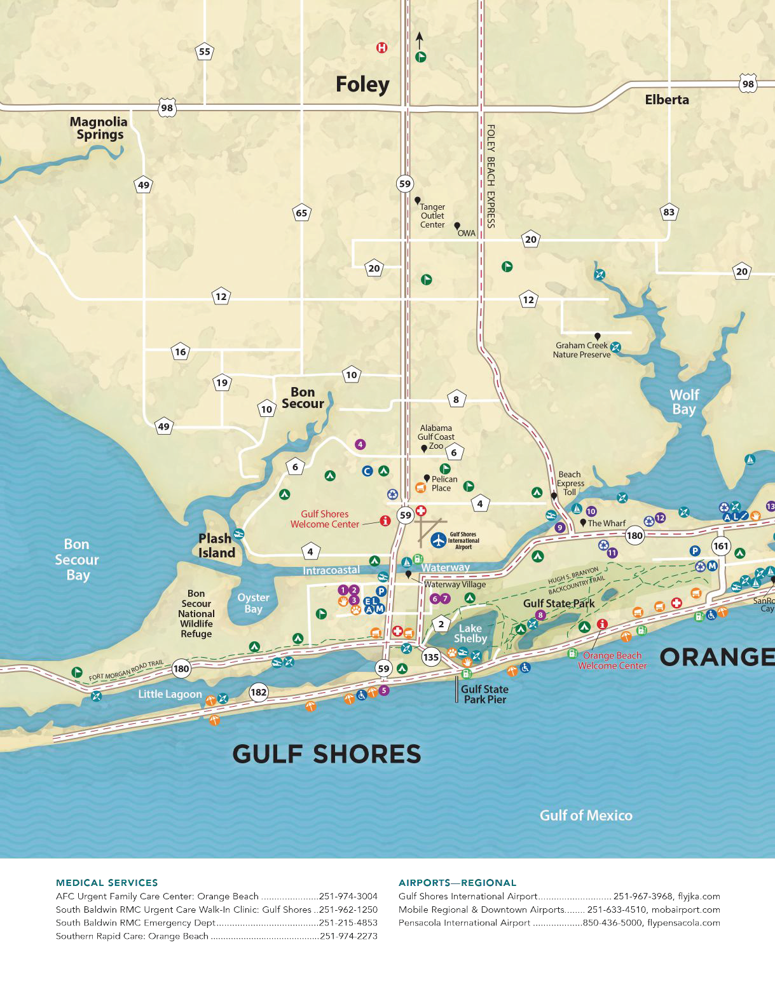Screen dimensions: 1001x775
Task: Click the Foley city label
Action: (362, 85)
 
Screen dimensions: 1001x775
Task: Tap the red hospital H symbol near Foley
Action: (381, 48)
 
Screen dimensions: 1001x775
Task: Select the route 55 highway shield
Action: (204, 52)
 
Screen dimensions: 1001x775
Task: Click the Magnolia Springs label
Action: (99, 128)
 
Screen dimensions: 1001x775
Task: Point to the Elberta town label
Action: (666, 100)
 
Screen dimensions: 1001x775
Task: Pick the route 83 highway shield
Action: (668, 212)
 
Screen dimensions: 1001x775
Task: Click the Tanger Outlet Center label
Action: (432, 216)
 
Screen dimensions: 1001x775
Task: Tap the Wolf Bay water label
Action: (684, 402)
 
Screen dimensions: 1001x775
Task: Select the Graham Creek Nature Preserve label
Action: (581, 350)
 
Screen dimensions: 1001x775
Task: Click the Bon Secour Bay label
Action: (77, 560)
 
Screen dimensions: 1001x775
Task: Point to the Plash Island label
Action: (216, 546)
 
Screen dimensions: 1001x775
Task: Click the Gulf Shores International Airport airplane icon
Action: (438, 540)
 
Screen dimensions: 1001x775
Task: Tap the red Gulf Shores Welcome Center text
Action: (325, 519)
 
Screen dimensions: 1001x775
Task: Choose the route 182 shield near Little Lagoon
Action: (258, 692)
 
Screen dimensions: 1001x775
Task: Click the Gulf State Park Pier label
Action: (484, 694)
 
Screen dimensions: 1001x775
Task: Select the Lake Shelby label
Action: (470, 634)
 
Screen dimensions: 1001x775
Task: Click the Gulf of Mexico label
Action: (586, 815)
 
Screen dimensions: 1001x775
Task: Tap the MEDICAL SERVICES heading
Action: (107, 883)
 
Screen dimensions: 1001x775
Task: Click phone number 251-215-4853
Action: (348, 923)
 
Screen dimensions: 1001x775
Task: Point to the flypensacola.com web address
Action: (683, 923)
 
